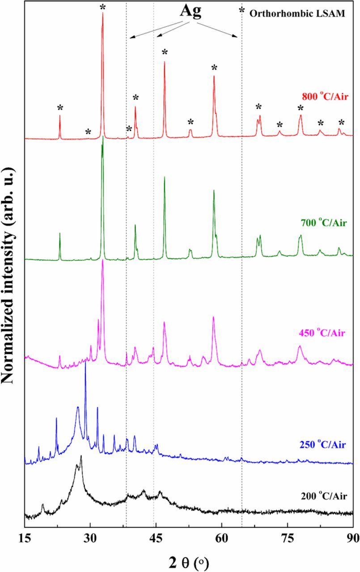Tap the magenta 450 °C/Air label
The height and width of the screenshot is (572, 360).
pos(321,333)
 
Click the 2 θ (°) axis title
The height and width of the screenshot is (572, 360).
pos(189,559)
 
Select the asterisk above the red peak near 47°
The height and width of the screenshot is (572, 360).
pos(165,53)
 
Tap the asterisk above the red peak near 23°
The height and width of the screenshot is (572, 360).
pos(60,108)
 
